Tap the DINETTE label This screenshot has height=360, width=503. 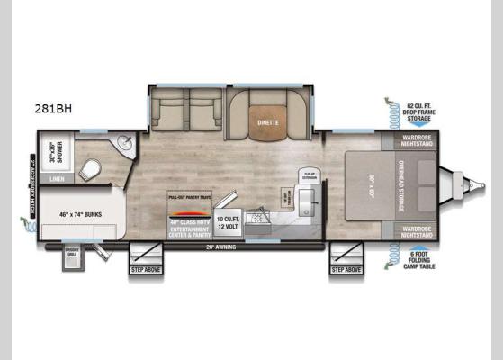tap(267, 122)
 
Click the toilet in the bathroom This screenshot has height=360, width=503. tap(90, 166)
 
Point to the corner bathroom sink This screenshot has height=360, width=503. tap(122, 145)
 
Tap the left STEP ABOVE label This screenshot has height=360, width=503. tap(145, 268)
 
